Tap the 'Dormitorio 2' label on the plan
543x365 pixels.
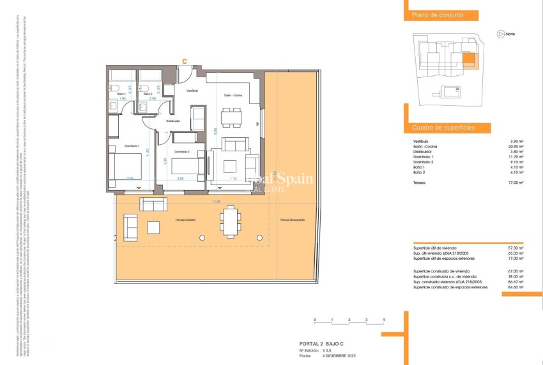point(181,152)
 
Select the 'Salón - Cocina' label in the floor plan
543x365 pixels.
point(232,95)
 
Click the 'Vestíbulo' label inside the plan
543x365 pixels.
point(192,91)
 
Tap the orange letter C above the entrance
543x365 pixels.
point(185,62)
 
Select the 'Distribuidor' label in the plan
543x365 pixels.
point(173,121)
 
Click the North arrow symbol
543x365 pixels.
point(500,34)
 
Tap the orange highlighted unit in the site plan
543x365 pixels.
point(468,61)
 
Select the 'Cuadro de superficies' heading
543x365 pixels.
point(443,128)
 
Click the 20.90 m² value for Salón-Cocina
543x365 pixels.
point(516,146)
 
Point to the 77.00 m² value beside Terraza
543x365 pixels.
point(516,182)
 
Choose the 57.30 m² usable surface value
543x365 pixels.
point(515,248)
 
